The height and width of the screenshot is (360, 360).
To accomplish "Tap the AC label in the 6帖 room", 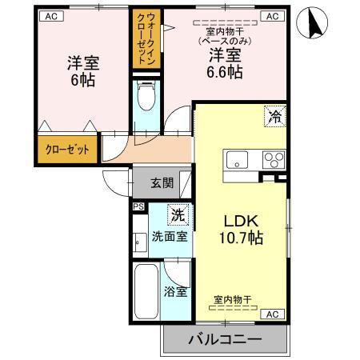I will [50, 16].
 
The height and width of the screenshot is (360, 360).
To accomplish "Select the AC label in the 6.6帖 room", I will [272, 16].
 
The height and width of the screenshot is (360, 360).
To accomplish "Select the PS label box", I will [137, 207].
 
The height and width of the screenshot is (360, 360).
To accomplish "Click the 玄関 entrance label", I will [161, 182].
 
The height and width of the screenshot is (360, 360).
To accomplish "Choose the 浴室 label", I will [176, 291].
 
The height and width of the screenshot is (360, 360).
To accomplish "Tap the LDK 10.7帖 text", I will [239, 229].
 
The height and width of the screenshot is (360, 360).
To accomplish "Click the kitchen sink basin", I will [238, 159].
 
